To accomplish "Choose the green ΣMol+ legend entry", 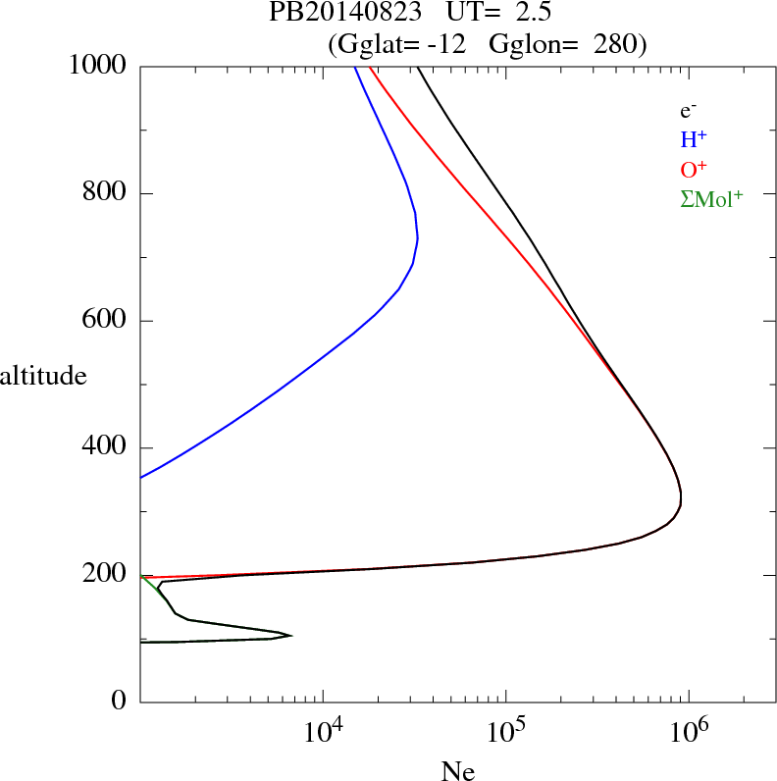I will click(x=711, y=198).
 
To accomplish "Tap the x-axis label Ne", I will click(x=458, y=771).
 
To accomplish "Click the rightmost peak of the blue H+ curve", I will click(x=418, y=237).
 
